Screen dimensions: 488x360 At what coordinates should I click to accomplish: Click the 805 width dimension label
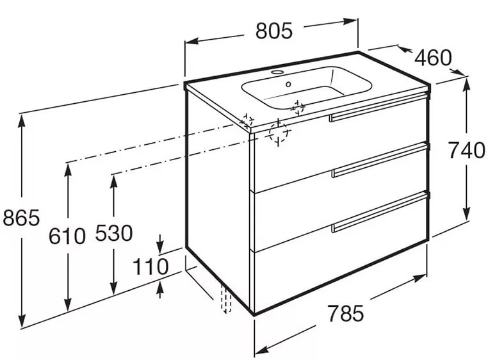274,31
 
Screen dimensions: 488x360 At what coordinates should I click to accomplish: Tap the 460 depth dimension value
432,58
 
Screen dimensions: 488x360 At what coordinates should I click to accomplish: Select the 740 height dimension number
466,150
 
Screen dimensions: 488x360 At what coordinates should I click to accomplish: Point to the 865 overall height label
21,217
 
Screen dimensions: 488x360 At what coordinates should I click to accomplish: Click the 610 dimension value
67,236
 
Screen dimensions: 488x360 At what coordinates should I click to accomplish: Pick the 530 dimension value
113,233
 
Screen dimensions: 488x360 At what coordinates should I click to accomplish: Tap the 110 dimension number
150,266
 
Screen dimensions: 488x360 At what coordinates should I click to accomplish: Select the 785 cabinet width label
345,313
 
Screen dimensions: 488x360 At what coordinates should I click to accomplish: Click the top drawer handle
377,108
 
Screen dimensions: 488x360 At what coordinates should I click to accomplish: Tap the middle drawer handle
380,160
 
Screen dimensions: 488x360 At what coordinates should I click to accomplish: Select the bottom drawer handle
380,212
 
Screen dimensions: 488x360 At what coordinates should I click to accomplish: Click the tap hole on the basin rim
277,72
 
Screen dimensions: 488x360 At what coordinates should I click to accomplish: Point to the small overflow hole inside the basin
288,84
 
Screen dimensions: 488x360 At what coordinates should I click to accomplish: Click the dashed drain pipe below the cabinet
226,298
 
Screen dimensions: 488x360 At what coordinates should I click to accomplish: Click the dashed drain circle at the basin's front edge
298,107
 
